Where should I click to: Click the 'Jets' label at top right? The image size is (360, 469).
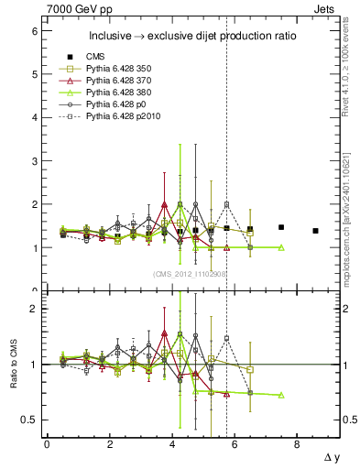tap(327, 8)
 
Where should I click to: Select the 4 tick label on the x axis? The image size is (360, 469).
tap(172, 444)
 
